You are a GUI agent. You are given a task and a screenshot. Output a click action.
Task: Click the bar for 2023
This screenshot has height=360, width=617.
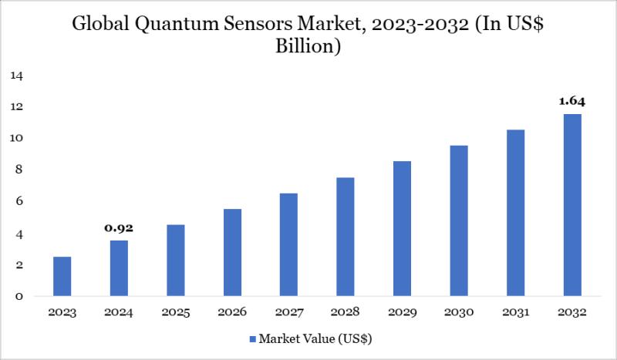62,276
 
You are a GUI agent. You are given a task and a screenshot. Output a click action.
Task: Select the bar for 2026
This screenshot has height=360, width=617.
232,252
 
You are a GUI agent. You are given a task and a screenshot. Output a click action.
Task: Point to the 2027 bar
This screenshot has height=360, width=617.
288,244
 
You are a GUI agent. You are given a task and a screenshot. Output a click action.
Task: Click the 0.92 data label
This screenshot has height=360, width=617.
119,228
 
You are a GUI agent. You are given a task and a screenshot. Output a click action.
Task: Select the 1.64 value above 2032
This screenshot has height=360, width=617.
571,100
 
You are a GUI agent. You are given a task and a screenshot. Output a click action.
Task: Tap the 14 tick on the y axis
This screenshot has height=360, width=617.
17,76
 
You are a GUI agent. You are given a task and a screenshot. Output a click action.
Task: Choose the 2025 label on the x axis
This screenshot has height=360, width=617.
175,313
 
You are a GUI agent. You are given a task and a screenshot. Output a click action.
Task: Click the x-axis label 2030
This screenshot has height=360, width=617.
458,313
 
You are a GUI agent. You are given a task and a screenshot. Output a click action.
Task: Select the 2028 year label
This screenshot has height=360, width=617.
345,313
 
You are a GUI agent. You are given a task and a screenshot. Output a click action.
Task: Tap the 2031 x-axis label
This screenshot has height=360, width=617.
515,313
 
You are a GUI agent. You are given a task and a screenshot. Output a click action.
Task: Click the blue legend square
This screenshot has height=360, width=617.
252,338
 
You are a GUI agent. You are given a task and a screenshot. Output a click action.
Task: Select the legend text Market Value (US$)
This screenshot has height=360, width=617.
317,338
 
